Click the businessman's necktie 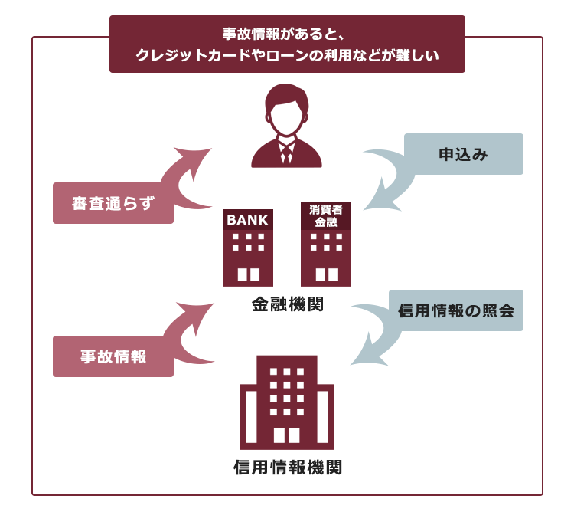[286, 154]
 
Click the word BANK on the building [247, 220]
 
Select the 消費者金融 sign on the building [326, 216]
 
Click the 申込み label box [464, 154]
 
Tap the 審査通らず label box [113, 203]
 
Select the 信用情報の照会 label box [456, 310]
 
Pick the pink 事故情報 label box [113, 356]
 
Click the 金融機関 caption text [287, 304]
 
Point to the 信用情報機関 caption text [287, 468]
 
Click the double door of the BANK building [248, 274]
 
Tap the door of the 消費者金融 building [326, 274]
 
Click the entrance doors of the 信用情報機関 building [287, 435]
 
